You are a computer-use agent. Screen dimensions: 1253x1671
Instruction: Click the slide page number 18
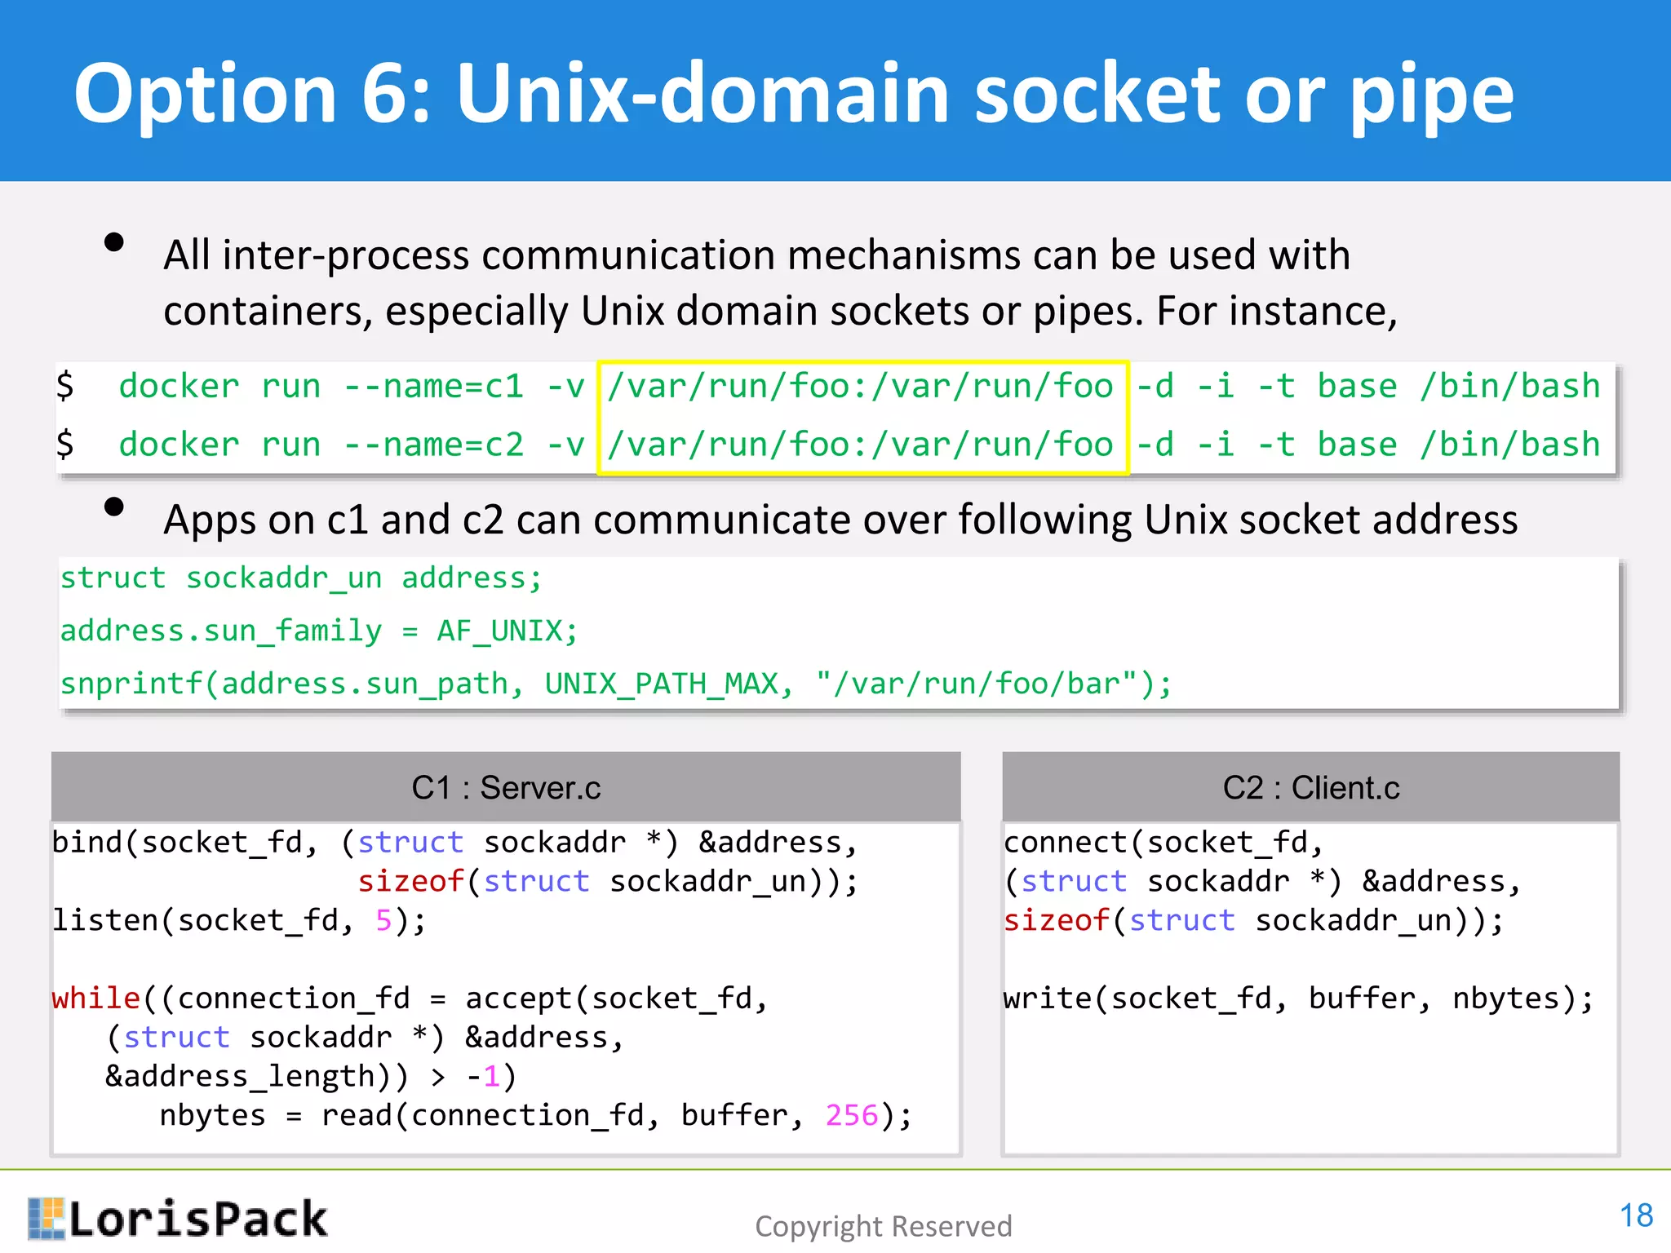tap(1635, 1215)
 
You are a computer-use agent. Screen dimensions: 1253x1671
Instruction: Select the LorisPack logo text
tap(197, 1220)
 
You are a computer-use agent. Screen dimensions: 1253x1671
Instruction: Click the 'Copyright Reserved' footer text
tap(883, 1226)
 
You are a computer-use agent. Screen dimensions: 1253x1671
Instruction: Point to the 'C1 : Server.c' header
tap(506, 788)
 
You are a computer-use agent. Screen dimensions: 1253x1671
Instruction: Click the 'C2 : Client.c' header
tap(1310, 788)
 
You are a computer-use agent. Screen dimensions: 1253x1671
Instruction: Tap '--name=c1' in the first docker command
tap(433, 387)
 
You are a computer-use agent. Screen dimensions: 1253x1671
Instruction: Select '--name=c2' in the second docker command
tap(433, 445)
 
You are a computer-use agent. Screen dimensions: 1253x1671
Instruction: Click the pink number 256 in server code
tap(851, 1115)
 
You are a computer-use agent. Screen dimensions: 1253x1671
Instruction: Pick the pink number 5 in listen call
tap(383, 920)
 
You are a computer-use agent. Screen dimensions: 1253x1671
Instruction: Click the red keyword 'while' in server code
tap(95, 998)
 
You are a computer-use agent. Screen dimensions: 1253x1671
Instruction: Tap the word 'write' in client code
tap(1047, 998)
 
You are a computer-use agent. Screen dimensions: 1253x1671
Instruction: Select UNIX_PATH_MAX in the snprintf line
tap(661, 684)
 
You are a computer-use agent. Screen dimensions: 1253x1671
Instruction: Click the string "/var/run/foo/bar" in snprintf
tap(976, 684)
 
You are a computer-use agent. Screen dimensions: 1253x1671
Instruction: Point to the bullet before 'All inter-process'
tap(114, 242)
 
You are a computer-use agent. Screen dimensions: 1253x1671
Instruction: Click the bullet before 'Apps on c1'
tap(114, 507)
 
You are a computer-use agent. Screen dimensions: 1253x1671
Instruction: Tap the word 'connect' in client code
tap(1065, 842)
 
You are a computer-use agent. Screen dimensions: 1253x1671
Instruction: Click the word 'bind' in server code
tap(86, 842)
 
